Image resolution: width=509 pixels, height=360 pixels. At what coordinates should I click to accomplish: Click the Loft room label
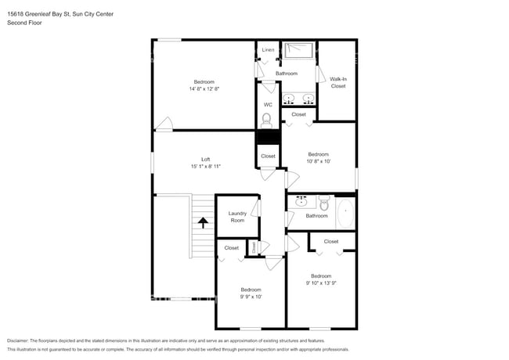click(205, 160)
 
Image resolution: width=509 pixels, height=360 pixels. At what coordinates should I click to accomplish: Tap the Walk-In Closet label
click(338, 82)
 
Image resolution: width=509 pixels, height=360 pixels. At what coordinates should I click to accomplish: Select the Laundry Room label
click(237, 217)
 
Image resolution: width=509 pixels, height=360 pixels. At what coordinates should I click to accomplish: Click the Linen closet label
click(268, 50)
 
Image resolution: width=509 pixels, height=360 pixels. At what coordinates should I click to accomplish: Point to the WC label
click(268, 105)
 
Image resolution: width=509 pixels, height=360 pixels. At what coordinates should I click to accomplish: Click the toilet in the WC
click(267, 120)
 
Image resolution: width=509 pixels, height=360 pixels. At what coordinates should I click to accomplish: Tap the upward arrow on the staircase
click(203, 221)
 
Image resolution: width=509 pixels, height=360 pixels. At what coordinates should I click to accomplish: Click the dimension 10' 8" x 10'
click(318, 161)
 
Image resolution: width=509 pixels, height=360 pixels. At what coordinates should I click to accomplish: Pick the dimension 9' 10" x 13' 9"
click(321, 283)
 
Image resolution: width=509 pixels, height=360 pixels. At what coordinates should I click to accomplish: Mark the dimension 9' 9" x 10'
click(251, 297)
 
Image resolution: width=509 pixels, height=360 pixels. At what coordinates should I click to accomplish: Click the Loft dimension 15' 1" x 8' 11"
click(205, 167)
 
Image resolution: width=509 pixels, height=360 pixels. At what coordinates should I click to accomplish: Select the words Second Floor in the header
click(24, 23)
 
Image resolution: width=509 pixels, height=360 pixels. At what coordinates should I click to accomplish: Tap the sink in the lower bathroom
click(301, 202)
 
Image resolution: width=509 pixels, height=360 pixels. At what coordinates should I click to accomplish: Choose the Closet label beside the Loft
click(268, 157)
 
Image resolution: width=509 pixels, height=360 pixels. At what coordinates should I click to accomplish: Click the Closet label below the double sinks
click(298, 115)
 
